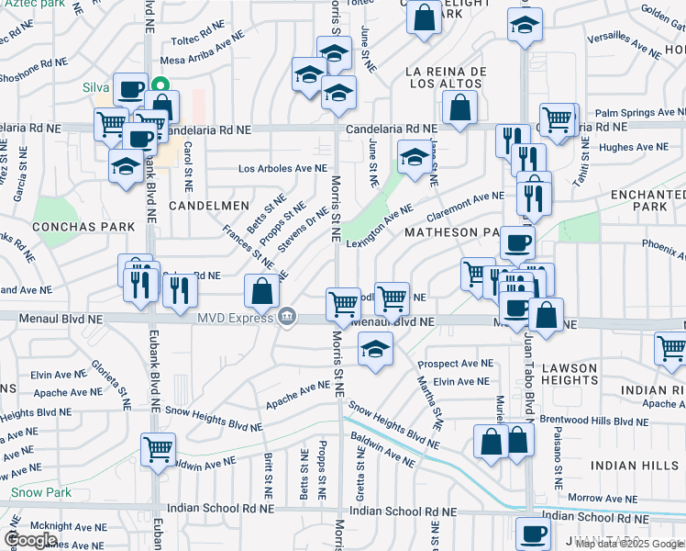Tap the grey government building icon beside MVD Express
click(x=287, y=318)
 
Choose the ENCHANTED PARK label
click(x=642, y=200)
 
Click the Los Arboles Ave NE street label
click(x=282, y=169)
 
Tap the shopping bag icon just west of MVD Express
click(x=262, y=291)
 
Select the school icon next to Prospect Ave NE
click(x=375, y=350)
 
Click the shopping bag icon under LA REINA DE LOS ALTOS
click(x=459, y=107)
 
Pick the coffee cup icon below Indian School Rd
click(x=533, y=533)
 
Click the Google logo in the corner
click(x=30, y=540)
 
